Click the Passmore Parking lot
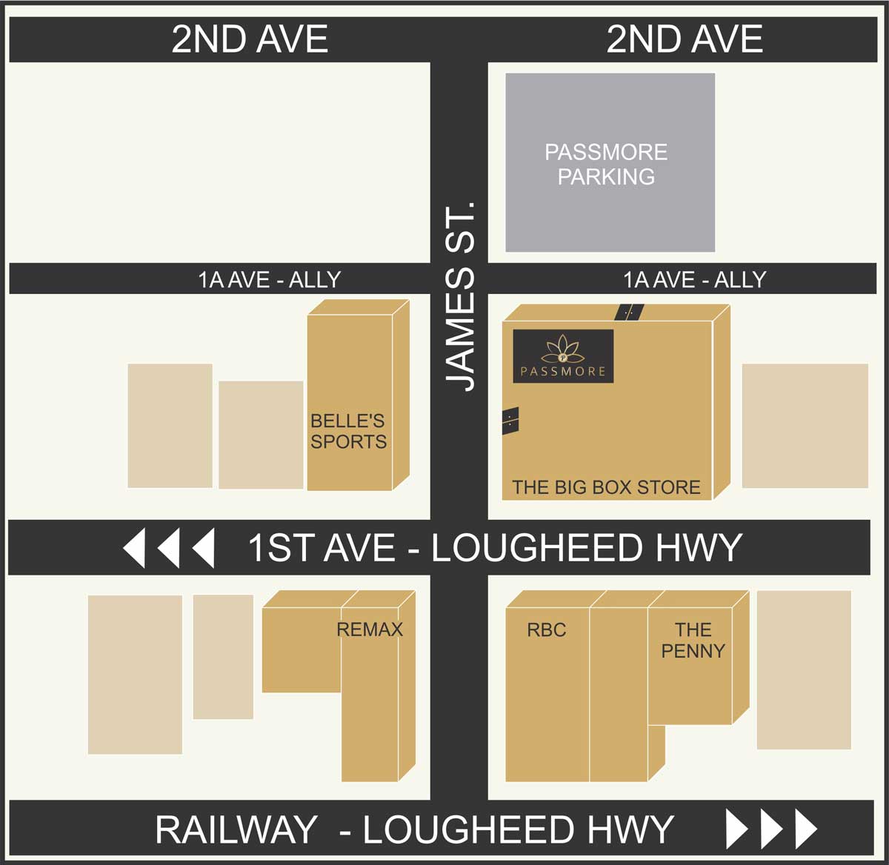tap(610, 163)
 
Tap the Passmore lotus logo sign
tap(563, 355)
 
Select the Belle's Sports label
tap(348, 431)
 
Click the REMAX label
tap(370, 629)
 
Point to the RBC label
tap(546, 629)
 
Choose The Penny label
tap(693, 640)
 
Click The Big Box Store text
tap(606, 487)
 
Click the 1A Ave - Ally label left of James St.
tap(269, 279)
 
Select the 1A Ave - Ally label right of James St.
tap(694, 279)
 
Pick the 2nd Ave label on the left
tap(250, 39)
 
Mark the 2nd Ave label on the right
tap(685, 39)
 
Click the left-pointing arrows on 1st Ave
tap(169, 548)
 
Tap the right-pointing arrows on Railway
tap(770, 829)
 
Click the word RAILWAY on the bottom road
tap(236, 829)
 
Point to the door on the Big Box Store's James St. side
tap(510, 421)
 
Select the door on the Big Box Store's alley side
tap(628, 312)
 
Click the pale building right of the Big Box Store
tap(805, 425)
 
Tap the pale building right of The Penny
tap(803, 669)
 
